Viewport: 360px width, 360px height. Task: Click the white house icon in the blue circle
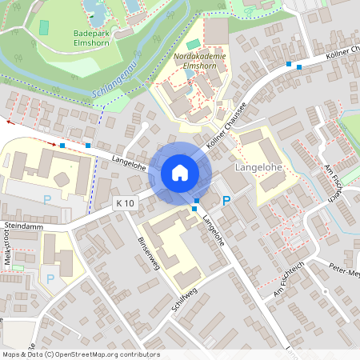pos(180,172)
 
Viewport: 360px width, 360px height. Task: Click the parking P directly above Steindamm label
pos(46,199)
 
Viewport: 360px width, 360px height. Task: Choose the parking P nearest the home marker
pos(226,200)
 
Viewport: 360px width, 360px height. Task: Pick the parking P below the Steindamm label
pos(50,278)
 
